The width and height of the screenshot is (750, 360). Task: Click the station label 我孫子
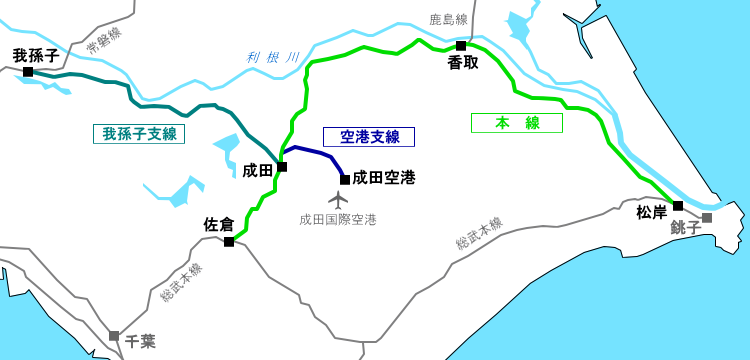point(36,55)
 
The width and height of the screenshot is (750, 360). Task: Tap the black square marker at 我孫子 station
point(28,72)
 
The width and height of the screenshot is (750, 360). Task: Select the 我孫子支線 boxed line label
point(139,134)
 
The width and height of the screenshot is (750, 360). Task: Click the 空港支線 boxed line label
point(369,137)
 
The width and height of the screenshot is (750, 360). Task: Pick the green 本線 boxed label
point(517,123)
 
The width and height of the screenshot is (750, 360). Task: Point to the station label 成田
point(258,170)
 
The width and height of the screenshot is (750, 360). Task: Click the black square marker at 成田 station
point(282,167)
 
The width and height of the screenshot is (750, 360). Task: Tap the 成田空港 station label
point(384,178)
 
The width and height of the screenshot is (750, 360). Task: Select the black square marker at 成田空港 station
point(345,180)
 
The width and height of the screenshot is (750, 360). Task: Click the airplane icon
point(338,199)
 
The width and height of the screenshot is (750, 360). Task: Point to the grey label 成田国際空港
point(338,219)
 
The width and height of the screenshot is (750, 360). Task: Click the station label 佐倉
point(219,224)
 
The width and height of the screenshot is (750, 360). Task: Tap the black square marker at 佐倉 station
point(229,242)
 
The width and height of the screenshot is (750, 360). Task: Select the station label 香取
point(463,62)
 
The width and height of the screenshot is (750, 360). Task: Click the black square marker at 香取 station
point(461,46)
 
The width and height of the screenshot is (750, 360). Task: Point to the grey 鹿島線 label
point(448,19)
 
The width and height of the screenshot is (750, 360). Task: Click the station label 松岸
point(652,212)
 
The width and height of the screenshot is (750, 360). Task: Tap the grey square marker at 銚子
point(707,218)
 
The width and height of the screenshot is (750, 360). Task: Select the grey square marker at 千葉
point(114,336)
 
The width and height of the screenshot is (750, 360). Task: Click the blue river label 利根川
point(273,58)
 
